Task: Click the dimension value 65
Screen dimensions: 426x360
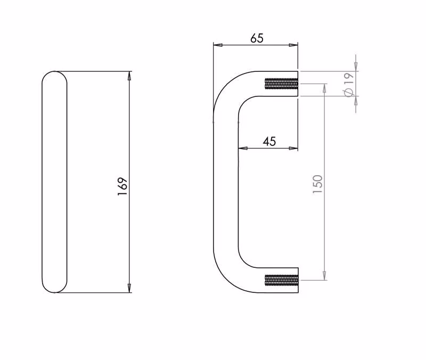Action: point(257,38)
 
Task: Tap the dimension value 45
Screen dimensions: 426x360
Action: point(269,141)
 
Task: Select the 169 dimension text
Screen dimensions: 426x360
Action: point(122,186)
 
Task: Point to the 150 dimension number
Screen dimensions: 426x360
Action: point(317,184)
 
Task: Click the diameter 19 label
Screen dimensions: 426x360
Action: point(349,84)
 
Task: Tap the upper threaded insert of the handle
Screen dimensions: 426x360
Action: point(281,84)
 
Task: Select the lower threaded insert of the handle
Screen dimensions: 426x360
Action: point(281,280)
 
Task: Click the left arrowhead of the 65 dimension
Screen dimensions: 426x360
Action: point(218,45)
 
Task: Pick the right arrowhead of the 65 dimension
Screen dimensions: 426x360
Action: point(293,45)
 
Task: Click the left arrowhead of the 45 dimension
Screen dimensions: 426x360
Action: point(243,149)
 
